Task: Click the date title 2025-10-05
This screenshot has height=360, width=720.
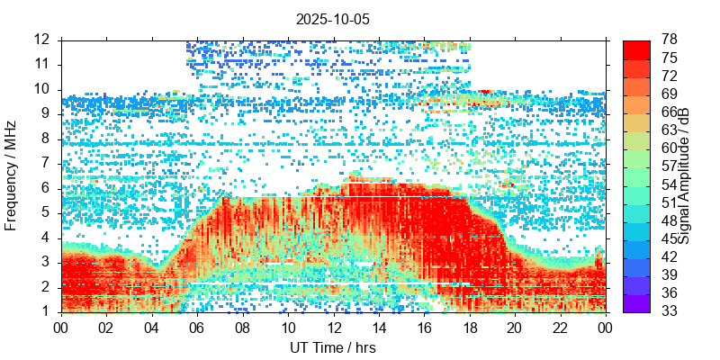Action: point(332,18)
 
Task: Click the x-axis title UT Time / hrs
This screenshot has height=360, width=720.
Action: point(332,347)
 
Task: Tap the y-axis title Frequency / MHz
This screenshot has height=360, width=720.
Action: point(12,175)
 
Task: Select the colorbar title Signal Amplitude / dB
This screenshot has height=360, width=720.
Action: point(684,175)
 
